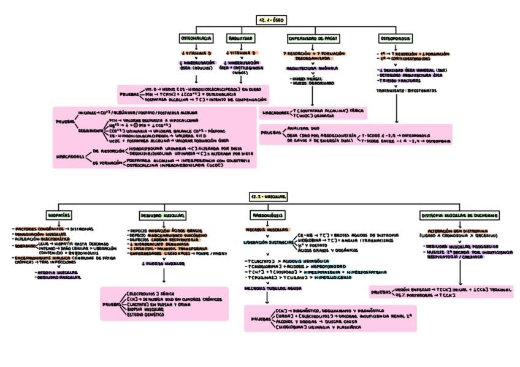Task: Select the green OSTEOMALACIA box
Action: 196,38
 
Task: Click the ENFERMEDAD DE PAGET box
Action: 313,38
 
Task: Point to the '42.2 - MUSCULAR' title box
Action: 269,196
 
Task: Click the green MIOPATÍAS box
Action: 59,216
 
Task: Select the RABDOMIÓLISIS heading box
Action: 267,216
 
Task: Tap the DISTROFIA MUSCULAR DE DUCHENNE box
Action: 459,216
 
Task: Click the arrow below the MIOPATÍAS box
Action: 59,223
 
